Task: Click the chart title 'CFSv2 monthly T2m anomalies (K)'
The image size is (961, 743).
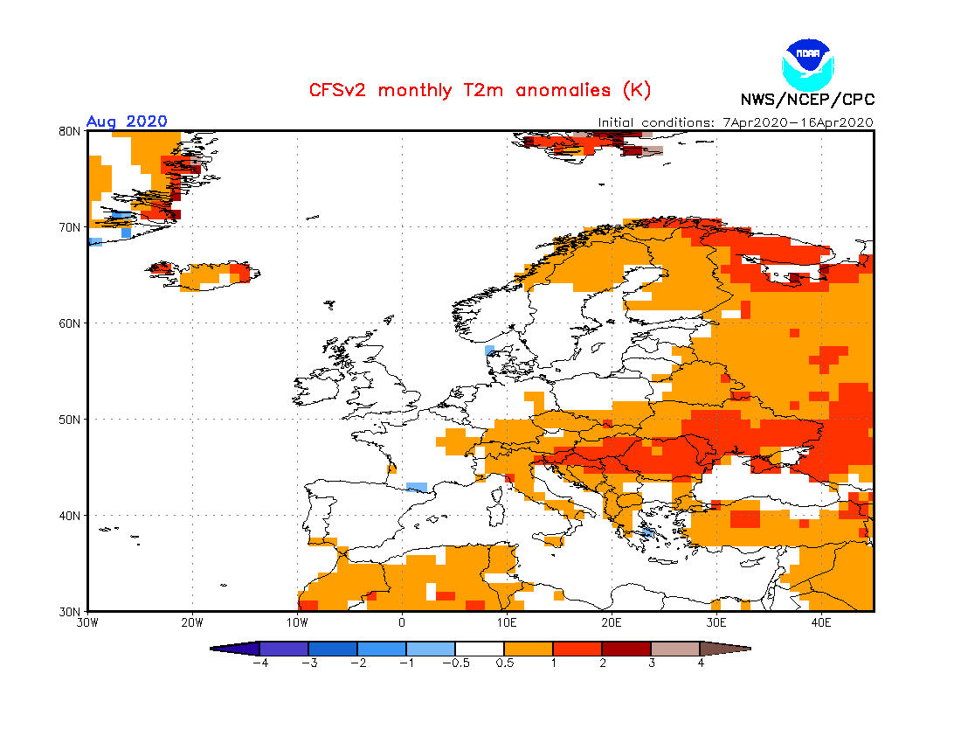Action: (480, 90)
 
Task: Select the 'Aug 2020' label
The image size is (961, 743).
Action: (127, 122)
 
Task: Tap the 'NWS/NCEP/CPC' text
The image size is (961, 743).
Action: (807, 100)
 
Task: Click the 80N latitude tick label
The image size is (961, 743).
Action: (71, 131)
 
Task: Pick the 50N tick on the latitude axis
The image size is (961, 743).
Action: (71, 420)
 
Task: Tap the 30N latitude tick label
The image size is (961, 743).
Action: (71, 611)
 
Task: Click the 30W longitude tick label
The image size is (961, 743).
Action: (87, 623)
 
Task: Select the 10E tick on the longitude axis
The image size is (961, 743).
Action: (507, 623)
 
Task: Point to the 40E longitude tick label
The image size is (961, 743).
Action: (821, 623)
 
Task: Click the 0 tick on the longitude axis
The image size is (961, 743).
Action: (402, 623)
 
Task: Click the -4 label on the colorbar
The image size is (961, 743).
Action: (259, 663)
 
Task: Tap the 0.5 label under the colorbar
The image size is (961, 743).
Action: (504, 663)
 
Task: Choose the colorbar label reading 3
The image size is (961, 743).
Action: (651, 663)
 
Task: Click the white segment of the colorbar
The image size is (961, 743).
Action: (480, 649)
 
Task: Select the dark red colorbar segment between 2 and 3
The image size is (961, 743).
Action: (626, 649)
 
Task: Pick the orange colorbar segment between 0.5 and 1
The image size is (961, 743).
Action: (529, 649)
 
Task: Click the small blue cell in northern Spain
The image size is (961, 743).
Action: (417, 487)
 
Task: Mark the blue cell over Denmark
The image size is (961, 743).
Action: (489, 351)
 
